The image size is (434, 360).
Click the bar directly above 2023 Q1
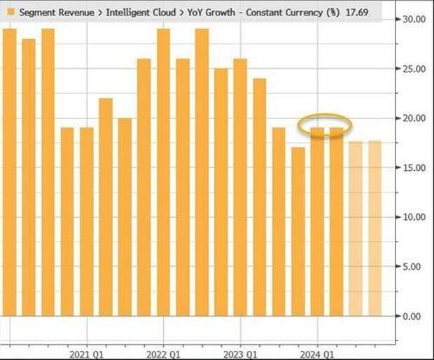click(240, 189)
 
